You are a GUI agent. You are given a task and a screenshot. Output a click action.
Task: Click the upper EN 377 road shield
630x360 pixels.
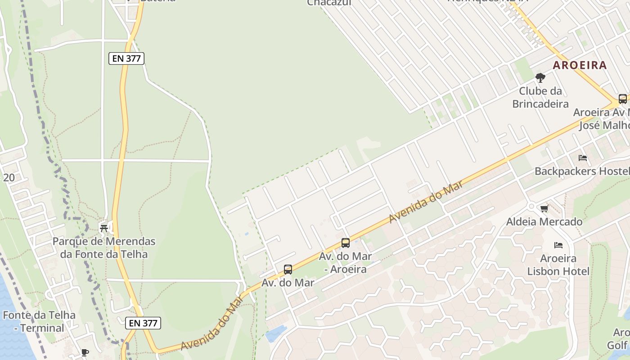(126, 58)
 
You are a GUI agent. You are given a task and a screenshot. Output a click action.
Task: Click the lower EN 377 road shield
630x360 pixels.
(143, 323)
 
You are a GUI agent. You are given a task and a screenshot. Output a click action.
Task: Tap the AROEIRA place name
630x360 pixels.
(580, 65)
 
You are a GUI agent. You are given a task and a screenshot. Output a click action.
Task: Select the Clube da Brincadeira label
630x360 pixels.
(540, 98)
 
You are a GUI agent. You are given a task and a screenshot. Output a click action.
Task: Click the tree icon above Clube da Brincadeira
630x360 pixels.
(540, 78)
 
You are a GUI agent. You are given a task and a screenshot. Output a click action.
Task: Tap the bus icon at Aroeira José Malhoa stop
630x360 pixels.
(622, 99)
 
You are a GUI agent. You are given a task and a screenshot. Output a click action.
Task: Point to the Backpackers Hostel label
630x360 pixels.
(582, 171)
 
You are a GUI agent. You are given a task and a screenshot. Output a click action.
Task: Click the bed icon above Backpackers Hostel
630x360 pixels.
(583, 158)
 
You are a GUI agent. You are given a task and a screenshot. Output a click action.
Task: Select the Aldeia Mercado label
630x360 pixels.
(544, 221)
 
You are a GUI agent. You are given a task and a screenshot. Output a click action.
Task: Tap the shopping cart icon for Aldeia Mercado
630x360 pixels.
(544, 208)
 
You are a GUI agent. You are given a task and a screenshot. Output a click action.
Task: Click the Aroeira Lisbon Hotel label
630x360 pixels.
(558, 265)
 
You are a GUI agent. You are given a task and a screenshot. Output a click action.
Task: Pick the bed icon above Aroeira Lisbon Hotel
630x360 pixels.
(558, 245)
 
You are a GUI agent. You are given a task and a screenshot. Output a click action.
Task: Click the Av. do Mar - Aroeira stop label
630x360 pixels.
(345, 262)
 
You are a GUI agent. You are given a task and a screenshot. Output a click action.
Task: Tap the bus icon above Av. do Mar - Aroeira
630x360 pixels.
(346, 243)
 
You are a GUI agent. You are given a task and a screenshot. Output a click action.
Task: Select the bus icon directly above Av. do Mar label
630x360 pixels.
(288, 270)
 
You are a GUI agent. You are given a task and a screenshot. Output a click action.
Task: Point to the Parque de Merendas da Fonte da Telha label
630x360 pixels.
(104, 247)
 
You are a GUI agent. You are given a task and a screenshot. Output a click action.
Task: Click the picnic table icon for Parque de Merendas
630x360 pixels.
(104, 228)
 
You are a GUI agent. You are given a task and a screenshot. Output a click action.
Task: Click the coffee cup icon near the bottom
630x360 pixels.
(85, 352)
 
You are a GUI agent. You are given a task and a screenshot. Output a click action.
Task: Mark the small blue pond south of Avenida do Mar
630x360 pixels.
(276, 334)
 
